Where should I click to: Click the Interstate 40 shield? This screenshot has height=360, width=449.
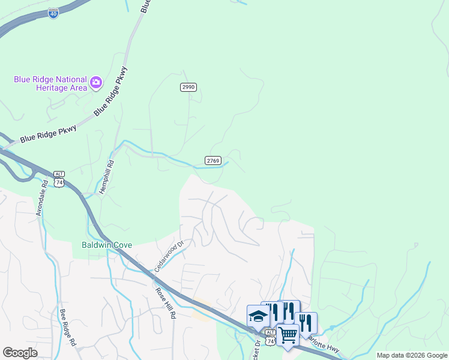click(x=54, y=13)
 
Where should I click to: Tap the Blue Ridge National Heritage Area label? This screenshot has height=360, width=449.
click(x=50, y=83)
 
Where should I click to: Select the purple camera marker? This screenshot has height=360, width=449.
click(x=95, y=82)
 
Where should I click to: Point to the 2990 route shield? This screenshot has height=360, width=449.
click(x=188, y=87)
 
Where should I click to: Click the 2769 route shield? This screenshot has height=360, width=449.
click(x=213, y=160)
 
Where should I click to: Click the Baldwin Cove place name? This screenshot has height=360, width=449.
click(x=107, y=245)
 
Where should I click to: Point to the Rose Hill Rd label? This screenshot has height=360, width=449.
click(x=165, y=303)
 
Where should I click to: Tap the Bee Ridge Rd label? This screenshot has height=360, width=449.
click(x=67, y=328)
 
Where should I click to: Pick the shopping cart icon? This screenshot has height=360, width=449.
click(x=288, y=334)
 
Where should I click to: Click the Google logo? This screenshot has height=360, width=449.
click(x=20, y=352)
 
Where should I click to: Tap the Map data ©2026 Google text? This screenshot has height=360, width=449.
click(x=412, y=355)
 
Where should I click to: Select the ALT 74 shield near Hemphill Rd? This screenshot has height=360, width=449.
click(x=59, y=178)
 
